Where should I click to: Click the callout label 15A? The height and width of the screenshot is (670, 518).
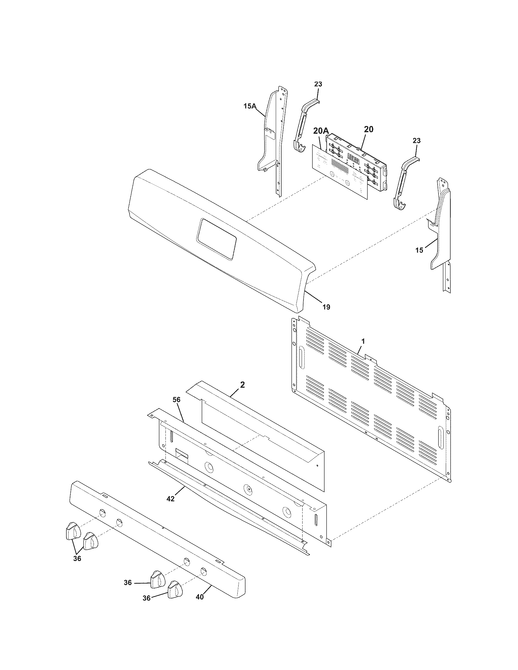[x=250, y=106]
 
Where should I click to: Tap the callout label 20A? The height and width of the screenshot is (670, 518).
[x=320, y=131]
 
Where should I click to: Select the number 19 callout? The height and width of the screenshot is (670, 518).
[x=326, y=306]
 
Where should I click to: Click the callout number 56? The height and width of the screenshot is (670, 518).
[x=177, y=400]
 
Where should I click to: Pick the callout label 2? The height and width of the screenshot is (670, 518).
[x=243, y=385]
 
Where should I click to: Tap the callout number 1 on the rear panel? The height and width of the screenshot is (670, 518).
[x=363, y=340]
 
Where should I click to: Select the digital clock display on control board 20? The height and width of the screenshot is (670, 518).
[x=353, y=159]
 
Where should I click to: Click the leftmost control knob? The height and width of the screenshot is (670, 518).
[x=73, y=531]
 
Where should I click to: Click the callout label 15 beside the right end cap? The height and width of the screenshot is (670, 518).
[x=419, y=250]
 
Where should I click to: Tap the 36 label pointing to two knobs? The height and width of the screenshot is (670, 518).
[x=77, y=559]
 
